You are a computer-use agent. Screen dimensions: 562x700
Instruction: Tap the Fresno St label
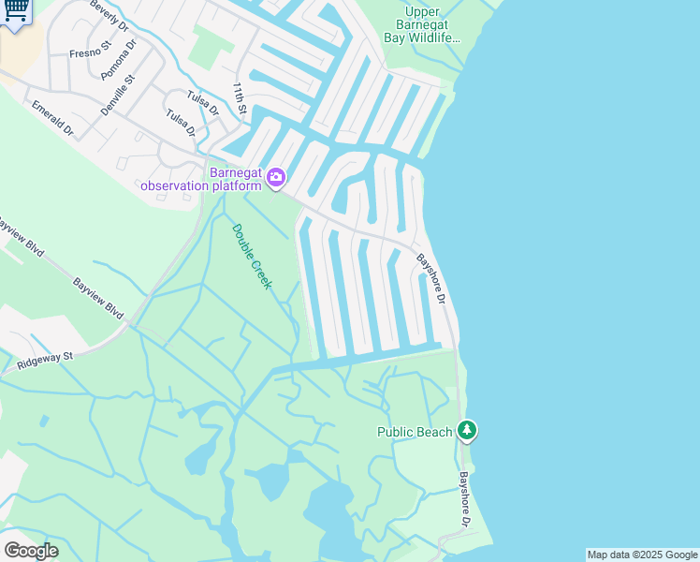[91, 49]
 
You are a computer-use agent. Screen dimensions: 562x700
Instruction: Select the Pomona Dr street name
[119, 58]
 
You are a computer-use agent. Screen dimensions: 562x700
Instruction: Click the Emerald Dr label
[51, 119]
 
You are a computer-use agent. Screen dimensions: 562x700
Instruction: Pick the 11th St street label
[241, 99]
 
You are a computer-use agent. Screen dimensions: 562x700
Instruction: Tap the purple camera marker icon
[275, 177]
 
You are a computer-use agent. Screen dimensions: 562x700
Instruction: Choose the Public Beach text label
[415, 432]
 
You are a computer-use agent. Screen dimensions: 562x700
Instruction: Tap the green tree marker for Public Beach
[467, 431]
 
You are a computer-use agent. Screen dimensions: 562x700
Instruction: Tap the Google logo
[31, 550]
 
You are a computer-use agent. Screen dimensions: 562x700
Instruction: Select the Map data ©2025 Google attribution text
[642, 555]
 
